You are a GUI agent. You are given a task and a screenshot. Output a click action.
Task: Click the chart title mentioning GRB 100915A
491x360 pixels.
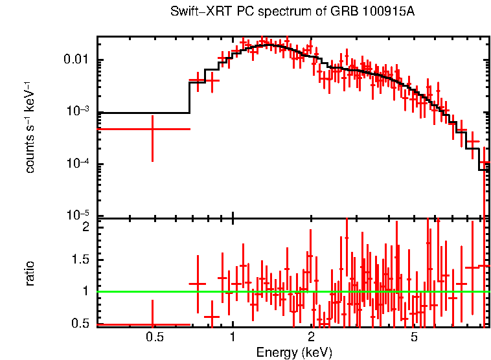(292, 12)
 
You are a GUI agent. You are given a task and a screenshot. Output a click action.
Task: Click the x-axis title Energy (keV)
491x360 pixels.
(294, 352)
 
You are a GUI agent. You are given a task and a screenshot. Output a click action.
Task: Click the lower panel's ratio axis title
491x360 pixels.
(30, 273)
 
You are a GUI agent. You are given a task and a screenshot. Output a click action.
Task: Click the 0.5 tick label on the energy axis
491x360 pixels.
(154, 337)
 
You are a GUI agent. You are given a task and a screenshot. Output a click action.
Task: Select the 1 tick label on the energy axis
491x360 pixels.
(233, 337)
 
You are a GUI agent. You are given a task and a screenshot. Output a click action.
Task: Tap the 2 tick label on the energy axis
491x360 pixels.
(311, 337)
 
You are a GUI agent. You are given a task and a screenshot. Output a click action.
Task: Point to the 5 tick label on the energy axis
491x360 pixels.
(415, 337)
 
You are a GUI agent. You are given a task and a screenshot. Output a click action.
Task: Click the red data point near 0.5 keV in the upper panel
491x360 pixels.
(152, 129)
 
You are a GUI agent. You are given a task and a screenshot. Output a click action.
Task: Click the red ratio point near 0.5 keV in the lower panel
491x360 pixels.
(152, 324)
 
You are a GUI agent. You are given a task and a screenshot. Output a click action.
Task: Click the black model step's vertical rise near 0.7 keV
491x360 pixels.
(189, 97)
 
